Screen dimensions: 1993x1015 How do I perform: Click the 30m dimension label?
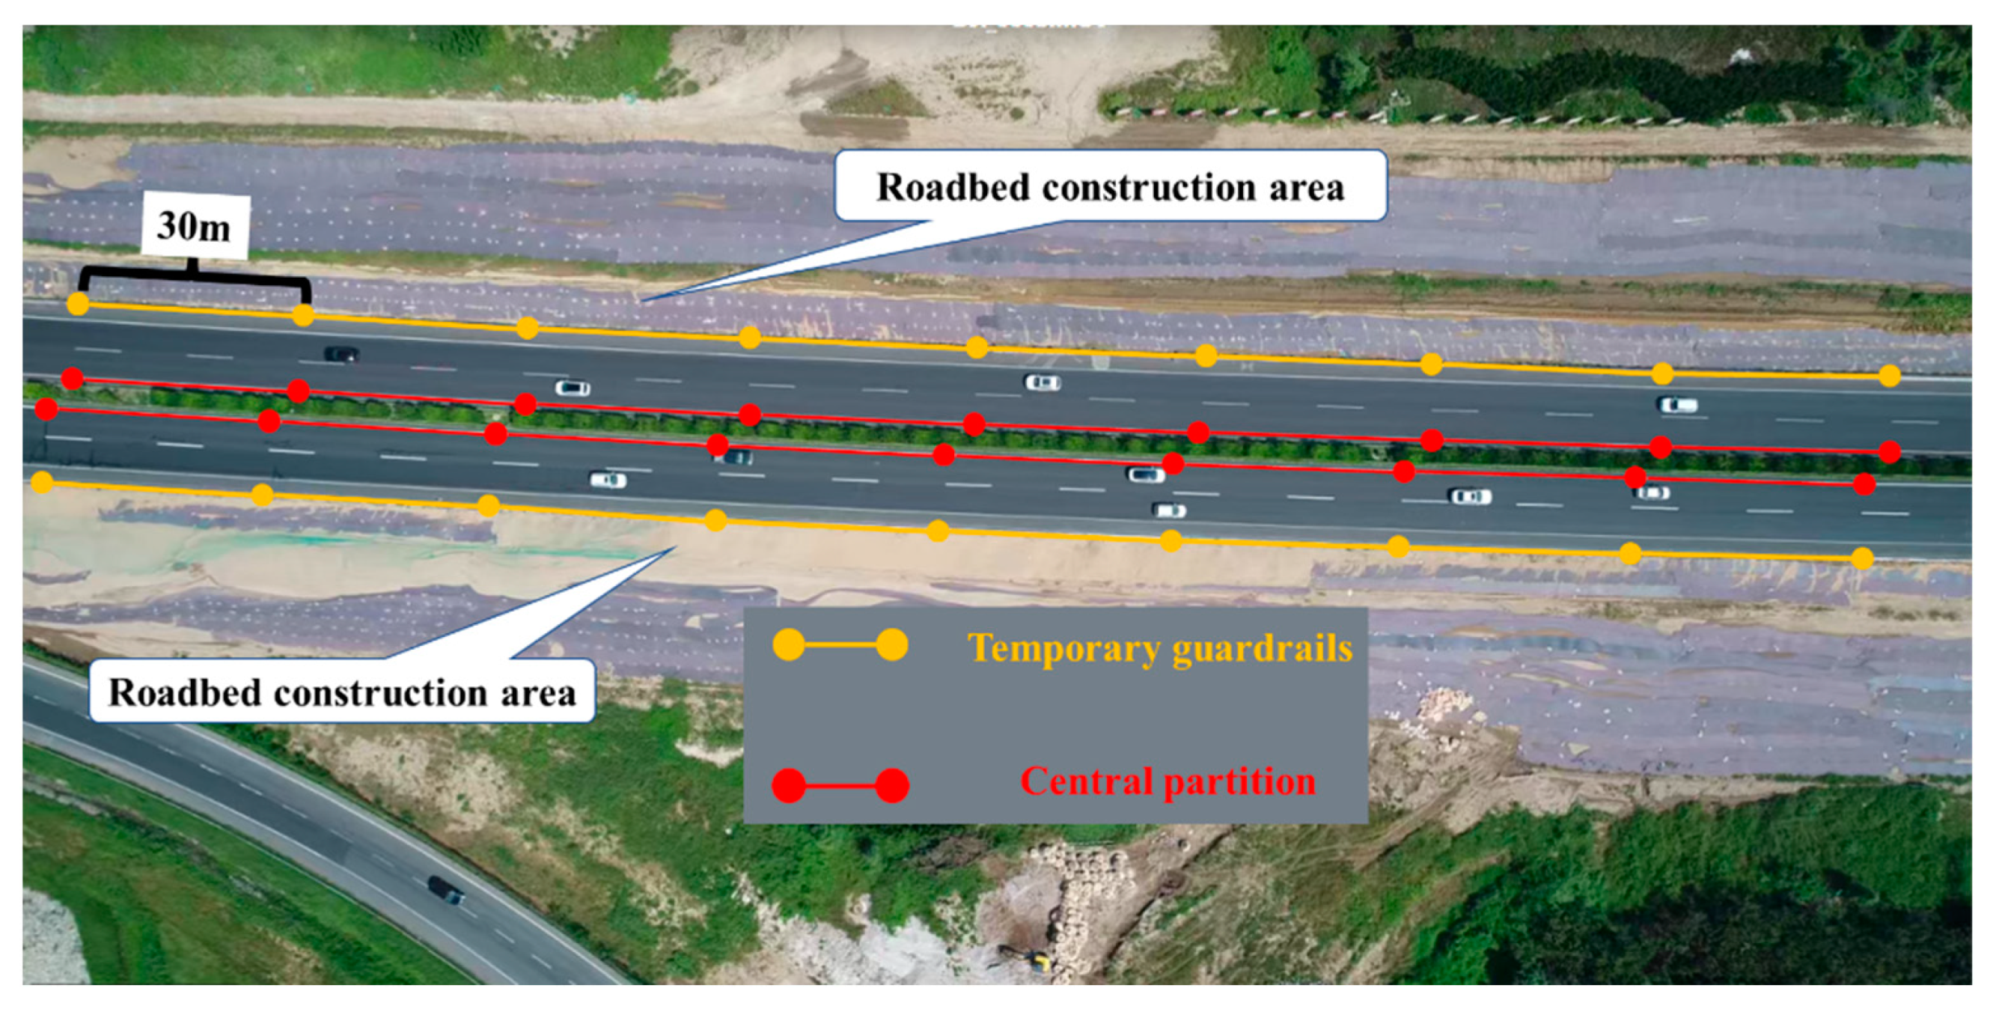point(194,227)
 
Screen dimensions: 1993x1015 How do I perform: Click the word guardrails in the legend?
point(1263,648)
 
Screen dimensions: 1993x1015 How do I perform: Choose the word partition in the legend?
point(1241,781)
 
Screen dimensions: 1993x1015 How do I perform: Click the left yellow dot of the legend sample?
point(788,645)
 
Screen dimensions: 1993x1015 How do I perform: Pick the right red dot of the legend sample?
point(892,786)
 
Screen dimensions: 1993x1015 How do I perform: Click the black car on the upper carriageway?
point(342,354)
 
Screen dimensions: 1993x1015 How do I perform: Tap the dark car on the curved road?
point(446,890)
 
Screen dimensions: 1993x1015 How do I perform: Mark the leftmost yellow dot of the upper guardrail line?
point(78,304)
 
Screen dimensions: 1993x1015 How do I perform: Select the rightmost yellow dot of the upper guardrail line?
point(1889,376)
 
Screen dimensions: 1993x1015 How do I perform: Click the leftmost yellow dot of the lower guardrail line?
point(43,484)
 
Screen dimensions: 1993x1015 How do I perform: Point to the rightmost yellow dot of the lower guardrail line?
point(1862,558)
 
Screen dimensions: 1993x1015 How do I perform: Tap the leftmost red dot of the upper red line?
point(73,378)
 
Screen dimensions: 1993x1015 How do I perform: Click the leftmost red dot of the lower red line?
point(46,409)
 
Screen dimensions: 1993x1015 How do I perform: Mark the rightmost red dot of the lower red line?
point(1864,484)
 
